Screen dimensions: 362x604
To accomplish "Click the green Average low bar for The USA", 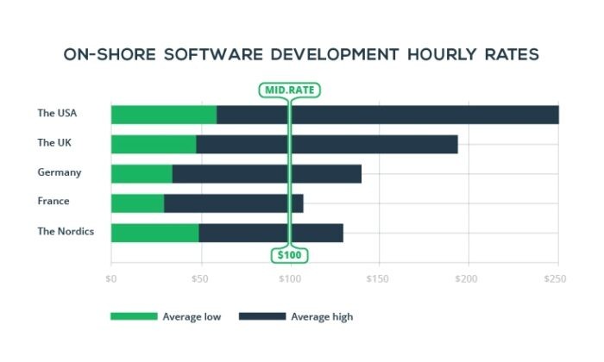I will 164,115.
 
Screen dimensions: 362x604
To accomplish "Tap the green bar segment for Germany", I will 142,173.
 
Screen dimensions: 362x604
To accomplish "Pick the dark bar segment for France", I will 233,203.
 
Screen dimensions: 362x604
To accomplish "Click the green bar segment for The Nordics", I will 154,232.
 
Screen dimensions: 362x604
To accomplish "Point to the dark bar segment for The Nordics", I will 271,232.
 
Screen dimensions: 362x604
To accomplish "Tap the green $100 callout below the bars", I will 290,256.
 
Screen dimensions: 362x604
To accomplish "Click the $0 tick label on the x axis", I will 111,279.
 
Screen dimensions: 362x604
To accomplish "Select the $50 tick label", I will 199,279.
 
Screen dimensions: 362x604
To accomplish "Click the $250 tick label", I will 556,279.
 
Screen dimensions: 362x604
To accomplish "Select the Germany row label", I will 60,172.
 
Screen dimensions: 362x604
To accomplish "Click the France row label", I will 53,202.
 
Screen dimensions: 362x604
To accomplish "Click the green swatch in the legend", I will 134,316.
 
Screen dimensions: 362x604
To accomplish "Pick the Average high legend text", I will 322,316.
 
